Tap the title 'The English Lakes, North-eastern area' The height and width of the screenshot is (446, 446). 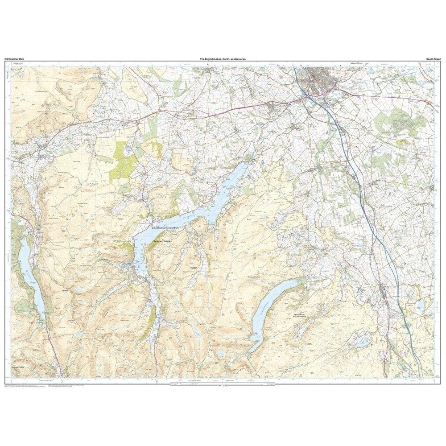coord(223,58)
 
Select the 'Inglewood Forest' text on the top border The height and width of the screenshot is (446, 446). coord(356,63)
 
